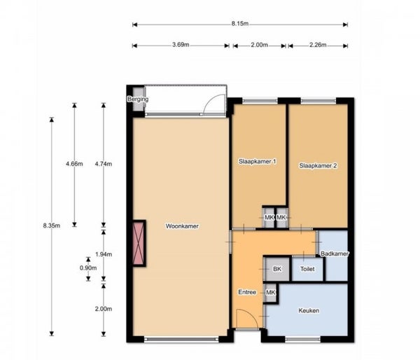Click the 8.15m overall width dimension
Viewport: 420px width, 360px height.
240,24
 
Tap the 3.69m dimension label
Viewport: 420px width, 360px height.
181,45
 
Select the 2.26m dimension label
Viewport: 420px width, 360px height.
318,45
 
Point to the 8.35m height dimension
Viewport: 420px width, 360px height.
51,226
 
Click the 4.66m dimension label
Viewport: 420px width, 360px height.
74,163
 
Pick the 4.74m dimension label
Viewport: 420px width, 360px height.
104,163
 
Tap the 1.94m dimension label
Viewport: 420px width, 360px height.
104,254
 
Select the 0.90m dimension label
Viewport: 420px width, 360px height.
88,268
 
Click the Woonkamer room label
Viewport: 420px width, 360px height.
182,226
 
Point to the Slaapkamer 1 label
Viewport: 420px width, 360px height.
258,162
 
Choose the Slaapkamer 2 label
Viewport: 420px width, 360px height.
318,166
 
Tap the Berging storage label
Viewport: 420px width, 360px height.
138,99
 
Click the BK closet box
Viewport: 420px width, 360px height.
277,269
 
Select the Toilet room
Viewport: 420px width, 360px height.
307,269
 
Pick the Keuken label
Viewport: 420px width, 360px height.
309,311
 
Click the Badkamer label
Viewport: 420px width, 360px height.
335,254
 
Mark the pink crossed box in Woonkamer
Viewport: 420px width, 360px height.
139,244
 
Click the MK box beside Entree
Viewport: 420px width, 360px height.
270,293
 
